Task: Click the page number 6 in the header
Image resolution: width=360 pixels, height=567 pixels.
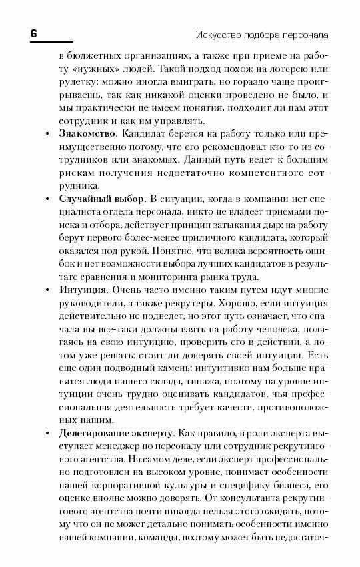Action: coord(34,33)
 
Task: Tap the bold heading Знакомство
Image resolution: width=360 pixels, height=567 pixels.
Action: coord(88,135)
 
